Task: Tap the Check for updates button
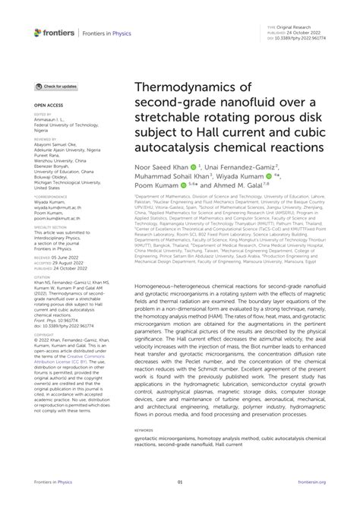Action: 56,87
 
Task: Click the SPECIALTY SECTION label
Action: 50,226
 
